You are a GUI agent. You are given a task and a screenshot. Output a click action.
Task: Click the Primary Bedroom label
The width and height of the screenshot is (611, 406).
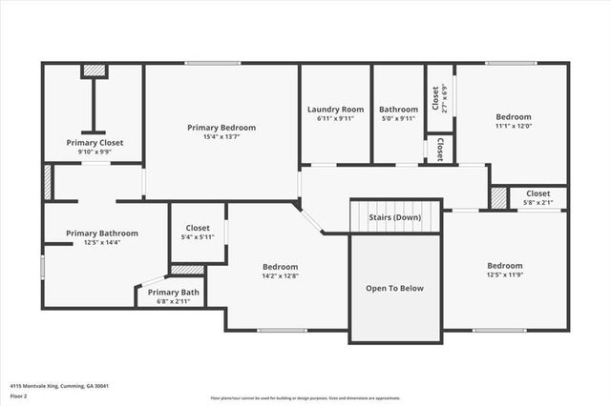(221, 127)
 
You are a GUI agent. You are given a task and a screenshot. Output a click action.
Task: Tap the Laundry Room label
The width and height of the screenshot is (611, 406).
(335, 109)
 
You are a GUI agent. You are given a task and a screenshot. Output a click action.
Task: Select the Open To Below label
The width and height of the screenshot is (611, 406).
(394, 288)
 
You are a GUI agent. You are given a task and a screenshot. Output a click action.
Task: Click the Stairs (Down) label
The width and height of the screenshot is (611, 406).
(394, 217)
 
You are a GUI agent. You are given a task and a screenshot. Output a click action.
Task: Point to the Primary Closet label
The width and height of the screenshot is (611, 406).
(95, 142)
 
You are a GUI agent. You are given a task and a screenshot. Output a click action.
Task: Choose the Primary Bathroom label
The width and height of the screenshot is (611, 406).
(102, 233)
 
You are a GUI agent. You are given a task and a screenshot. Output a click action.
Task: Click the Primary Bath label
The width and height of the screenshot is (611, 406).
(174, 292)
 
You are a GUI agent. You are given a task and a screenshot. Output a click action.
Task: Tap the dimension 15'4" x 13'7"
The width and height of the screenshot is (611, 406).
(221, 137)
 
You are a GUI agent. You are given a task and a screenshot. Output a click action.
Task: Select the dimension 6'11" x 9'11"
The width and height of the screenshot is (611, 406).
(335, 119)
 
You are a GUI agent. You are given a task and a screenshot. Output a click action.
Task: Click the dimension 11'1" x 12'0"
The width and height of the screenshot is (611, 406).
(513, 126)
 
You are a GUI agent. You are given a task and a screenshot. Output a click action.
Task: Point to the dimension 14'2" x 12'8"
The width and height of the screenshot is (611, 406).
(281, 276)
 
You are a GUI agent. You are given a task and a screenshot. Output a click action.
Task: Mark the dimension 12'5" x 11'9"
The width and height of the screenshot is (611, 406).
(505, 275)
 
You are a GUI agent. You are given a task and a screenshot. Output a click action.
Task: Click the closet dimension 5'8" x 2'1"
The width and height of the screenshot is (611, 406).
(537, 203)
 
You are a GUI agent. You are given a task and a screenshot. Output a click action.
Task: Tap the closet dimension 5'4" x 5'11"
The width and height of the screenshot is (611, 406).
(198, 237)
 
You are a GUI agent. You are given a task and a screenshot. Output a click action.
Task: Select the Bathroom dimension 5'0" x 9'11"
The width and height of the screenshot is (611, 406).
(398, 119)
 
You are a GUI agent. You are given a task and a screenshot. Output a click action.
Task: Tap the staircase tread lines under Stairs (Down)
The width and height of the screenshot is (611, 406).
(394, 229)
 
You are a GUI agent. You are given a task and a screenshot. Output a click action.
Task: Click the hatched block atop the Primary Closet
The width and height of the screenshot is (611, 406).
(94, 71)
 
